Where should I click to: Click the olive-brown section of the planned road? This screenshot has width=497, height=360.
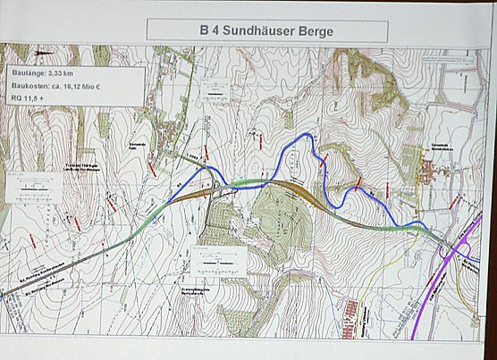pos(295,189)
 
